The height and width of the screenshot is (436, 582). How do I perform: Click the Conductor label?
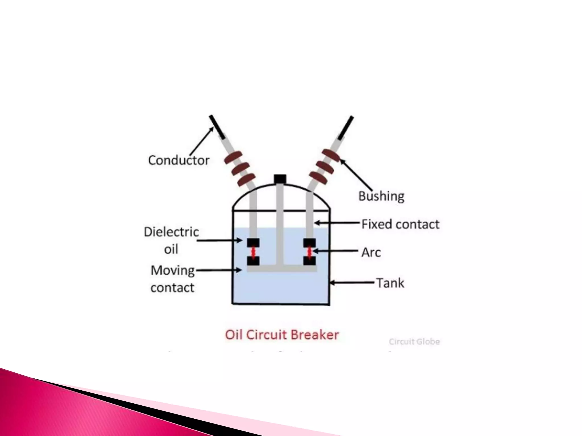point(179,160)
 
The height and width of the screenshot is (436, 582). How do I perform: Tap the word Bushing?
point(381,196)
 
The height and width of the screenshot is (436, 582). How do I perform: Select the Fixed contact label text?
point(400,224)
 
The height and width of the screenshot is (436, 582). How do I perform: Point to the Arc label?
point(371,252)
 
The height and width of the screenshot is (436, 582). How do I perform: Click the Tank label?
point(390,283)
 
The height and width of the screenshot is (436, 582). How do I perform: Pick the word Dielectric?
point(171,232)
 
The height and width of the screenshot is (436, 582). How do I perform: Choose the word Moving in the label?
point(172,270)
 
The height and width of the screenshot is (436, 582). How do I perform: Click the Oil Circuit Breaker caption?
point(282,335)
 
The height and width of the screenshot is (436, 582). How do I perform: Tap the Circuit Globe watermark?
point(414,341)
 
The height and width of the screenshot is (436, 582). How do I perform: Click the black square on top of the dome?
point(280,179)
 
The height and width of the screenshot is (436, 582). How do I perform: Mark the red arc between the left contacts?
point(253,252)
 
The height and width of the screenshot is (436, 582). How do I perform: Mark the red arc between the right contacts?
point(309,252)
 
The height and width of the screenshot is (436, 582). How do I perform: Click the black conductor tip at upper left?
point(217,127)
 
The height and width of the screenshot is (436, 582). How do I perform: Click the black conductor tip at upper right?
point(346,128)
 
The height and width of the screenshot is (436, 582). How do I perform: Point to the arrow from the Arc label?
point(335,251)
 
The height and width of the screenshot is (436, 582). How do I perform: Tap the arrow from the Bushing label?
point(356,175)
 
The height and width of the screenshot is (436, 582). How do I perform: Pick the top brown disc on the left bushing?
point(233,158)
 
